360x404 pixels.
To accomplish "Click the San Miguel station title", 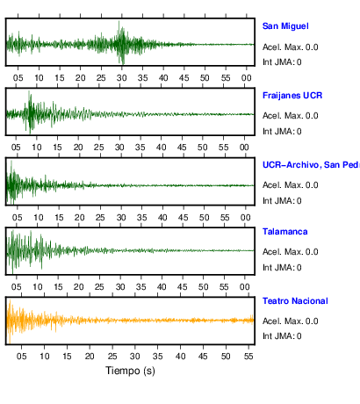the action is coord(285,26).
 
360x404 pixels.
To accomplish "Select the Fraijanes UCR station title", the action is coord(292,96).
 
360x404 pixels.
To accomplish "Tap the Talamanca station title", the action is coord(284,232).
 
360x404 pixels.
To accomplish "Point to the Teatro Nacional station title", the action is coord(295,301).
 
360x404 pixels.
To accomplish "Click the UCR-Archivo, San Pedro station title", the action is coord(311,165).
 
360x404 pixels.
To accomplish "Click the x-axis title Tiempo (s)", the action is coord(130,371).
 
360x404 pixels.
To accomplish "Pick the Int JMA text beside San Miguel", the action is coord(282,62).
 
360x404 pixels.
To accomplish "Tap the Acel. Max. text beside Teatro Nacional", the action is coord(290,321).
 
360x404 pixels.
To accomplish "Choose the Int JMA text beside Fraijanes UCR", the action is coord(282,132).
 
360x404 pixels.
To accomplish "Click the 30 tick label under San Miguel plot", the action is coord(121,78).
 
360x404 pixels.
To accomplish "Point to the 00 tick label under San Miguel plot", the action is coord(246,78).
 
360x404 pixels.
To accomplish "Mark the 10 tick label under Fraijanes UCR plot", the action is coord(37,148).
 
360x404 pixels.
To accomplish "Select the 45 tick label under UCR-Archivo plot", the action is coord(184,218).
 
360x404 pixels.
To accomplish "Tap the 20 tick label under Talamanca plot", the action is coord(78,287).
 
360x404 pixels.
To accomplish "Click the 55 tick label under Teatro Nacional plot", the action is coord(248,357).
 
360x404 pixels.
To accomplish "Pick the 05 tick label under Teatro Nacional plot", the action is coord(21,357).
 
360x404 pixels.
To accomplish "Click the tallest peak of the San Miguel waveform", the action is coord(119,21).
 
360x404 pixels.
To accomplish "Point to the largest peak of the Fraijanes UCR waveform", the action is coord(29,91).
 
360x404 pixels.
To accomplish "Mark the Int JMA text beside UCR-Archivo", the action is coord(282,201).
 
